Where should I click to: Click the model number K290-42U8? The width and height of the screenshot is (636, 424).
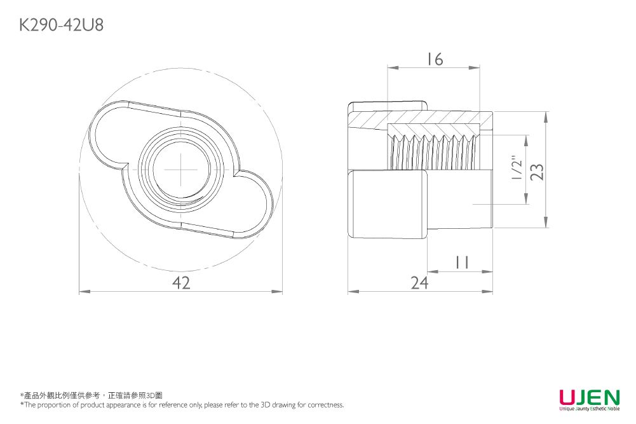[62, 25]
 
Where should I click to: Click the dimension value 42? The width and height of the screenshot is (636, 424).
[181, 284]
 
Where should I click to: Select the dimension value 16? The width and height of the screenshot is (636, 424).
[435, 59]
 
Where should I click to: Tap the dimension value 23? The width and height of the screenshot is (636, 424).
[538, 171]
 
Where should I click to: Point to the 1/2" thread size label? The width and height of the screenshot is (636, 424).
[517, 170]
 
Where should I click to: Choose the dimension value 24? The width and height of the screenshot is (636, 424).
[419, 284]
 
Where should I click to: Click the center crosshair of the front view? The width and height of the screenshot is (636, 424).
[180, 170]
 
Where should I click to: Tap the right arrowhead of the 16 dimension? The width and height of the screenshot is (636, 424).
[475, 67]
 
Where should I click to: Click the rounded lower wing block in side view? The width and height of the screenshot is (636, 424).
[388, 204]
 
